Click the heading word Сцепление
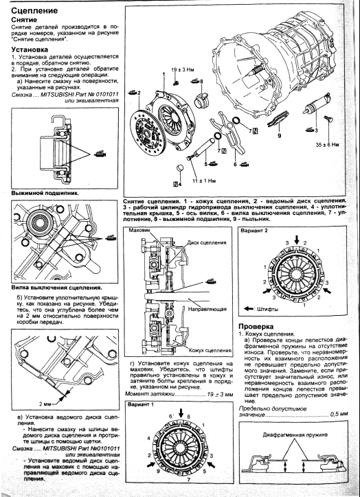34,11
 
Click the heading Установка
30,49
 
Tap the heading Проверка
256,327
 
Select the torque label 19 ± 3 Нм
182,70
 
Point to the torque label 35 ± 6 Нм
327,145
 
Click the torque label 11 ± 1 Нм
205,181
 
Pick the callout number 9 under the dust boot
279,136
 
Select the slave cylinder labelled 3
317,104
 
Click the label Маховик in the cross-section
139,231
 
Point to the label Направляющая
207,309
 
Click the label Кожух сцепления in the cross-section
210,351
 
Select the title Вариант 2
254,231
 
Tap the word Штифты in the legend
267,309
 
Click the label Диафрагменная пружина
295,435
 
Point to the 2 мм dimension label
45,404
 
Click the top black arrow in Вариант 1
181,413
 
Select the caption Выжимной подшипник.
45,193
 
